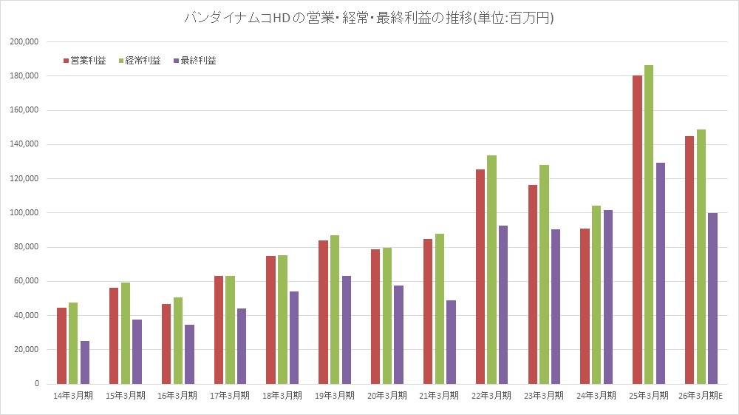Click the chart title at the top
point(369,18)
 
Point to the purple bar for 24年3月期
point(608,297)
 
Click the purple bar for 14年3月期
point(85,362)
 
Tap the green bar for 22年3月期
point(492,269)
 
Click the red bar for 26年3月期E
point(689,260)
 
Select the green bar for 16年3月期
point(178,340)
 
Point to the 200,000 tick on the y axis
point(26,42)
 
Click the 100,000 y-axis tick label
point(26,213)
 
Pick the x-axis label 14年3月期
point(73,396)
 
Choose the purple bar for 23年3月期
point(556,306)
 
